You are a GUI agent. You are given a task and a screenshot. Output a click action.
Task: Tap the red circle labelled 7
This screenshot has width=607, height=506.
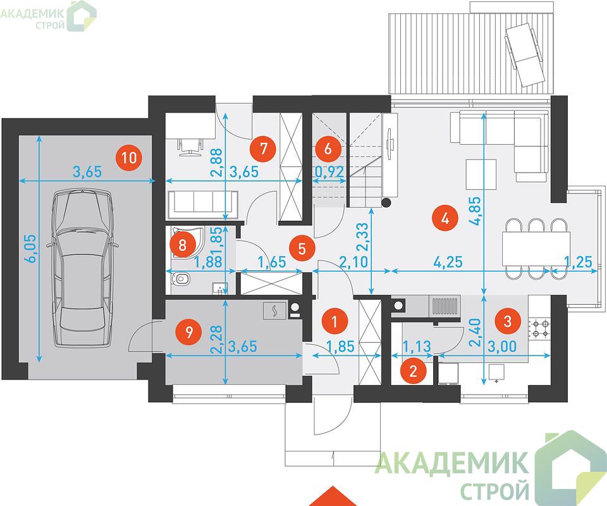tap(263, 148)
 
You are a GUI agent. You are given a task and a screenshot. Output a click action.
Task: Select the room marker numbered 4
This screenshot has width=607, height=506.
tap(445, 218)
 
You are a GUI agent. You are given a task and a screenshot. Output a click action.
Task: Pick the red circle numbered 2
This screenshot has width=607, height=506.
tap(413, 371)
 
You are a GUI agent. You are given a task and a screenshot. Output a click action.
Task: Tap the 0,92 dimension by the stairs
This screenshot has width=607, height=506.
tap(329, 171)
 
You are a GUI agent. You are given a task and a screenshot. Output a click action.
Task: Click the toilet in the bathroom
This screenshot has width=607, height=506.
tap(181, 279)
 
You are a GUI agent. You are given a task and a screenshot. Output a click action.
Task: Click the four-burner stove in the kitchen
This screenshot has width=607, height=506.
tap(539, 328)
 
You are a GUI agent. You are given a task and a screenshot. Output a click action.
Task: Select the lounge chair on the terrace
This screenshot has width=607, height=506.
tap(524, 54)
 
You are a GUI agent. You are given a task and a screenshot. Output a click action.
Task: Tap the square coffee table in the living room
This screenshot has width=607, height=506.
tap(481, 174)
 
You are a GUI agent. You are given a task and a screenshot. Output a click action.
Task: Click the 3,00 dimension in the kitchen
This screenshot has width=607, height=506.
tap(501, 346)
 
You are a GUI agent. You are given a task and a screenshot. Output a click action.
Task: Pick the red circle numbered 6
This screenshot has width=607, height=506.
tap(328, 148)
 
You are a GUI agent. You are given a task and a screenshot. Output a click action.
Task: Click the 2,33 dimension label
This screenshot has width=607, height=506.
tap(364, 237)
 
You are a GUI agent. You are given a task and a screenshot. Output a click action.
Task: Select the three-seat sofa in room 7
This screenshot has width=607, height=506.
tap(203, 201)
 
